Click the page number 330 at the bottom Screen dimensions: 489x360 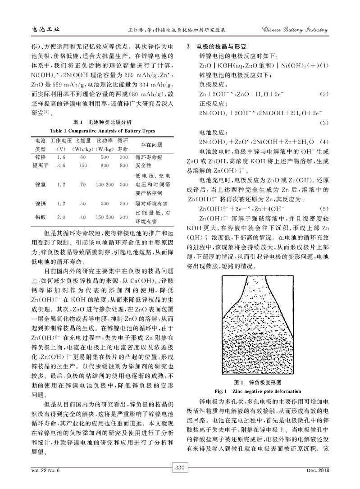(180, 480)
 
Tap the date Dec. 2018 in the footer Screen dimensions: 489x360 (318, 482)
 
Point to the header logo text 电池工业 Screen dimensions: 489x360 (43, 31)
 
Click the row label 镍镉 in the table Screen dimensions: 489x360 (40, 204)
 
